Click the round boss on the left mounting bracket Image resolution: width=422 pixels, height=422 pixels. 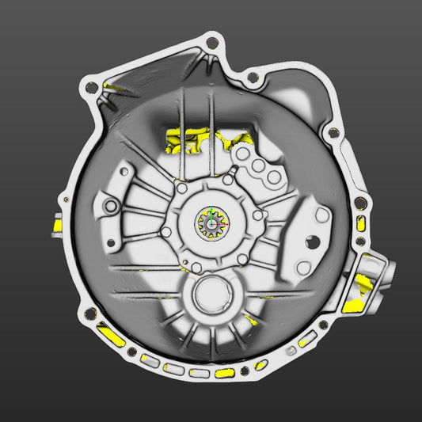(x=111, y=207)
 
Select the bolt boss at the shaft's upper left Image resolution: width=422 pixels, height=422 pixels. (x=181, y=190)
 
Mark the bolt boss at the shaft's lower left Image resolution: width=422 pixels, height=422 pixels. (x=168, y=232)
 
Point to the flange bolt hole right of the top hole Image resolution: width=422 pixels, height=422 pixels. (x=252, y=78)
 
